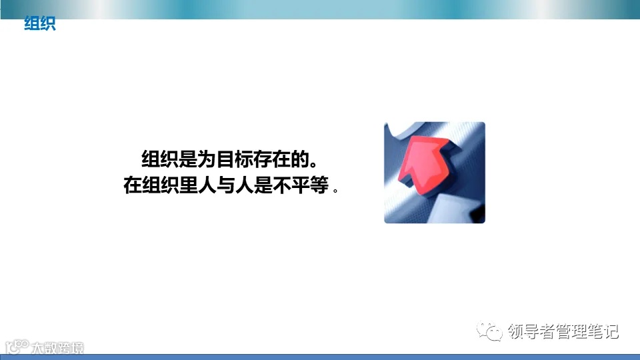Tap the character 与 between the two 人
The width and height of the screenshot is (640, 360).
[225, 185]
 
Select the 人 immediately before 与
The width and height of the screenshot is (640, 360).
[207, 185]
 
